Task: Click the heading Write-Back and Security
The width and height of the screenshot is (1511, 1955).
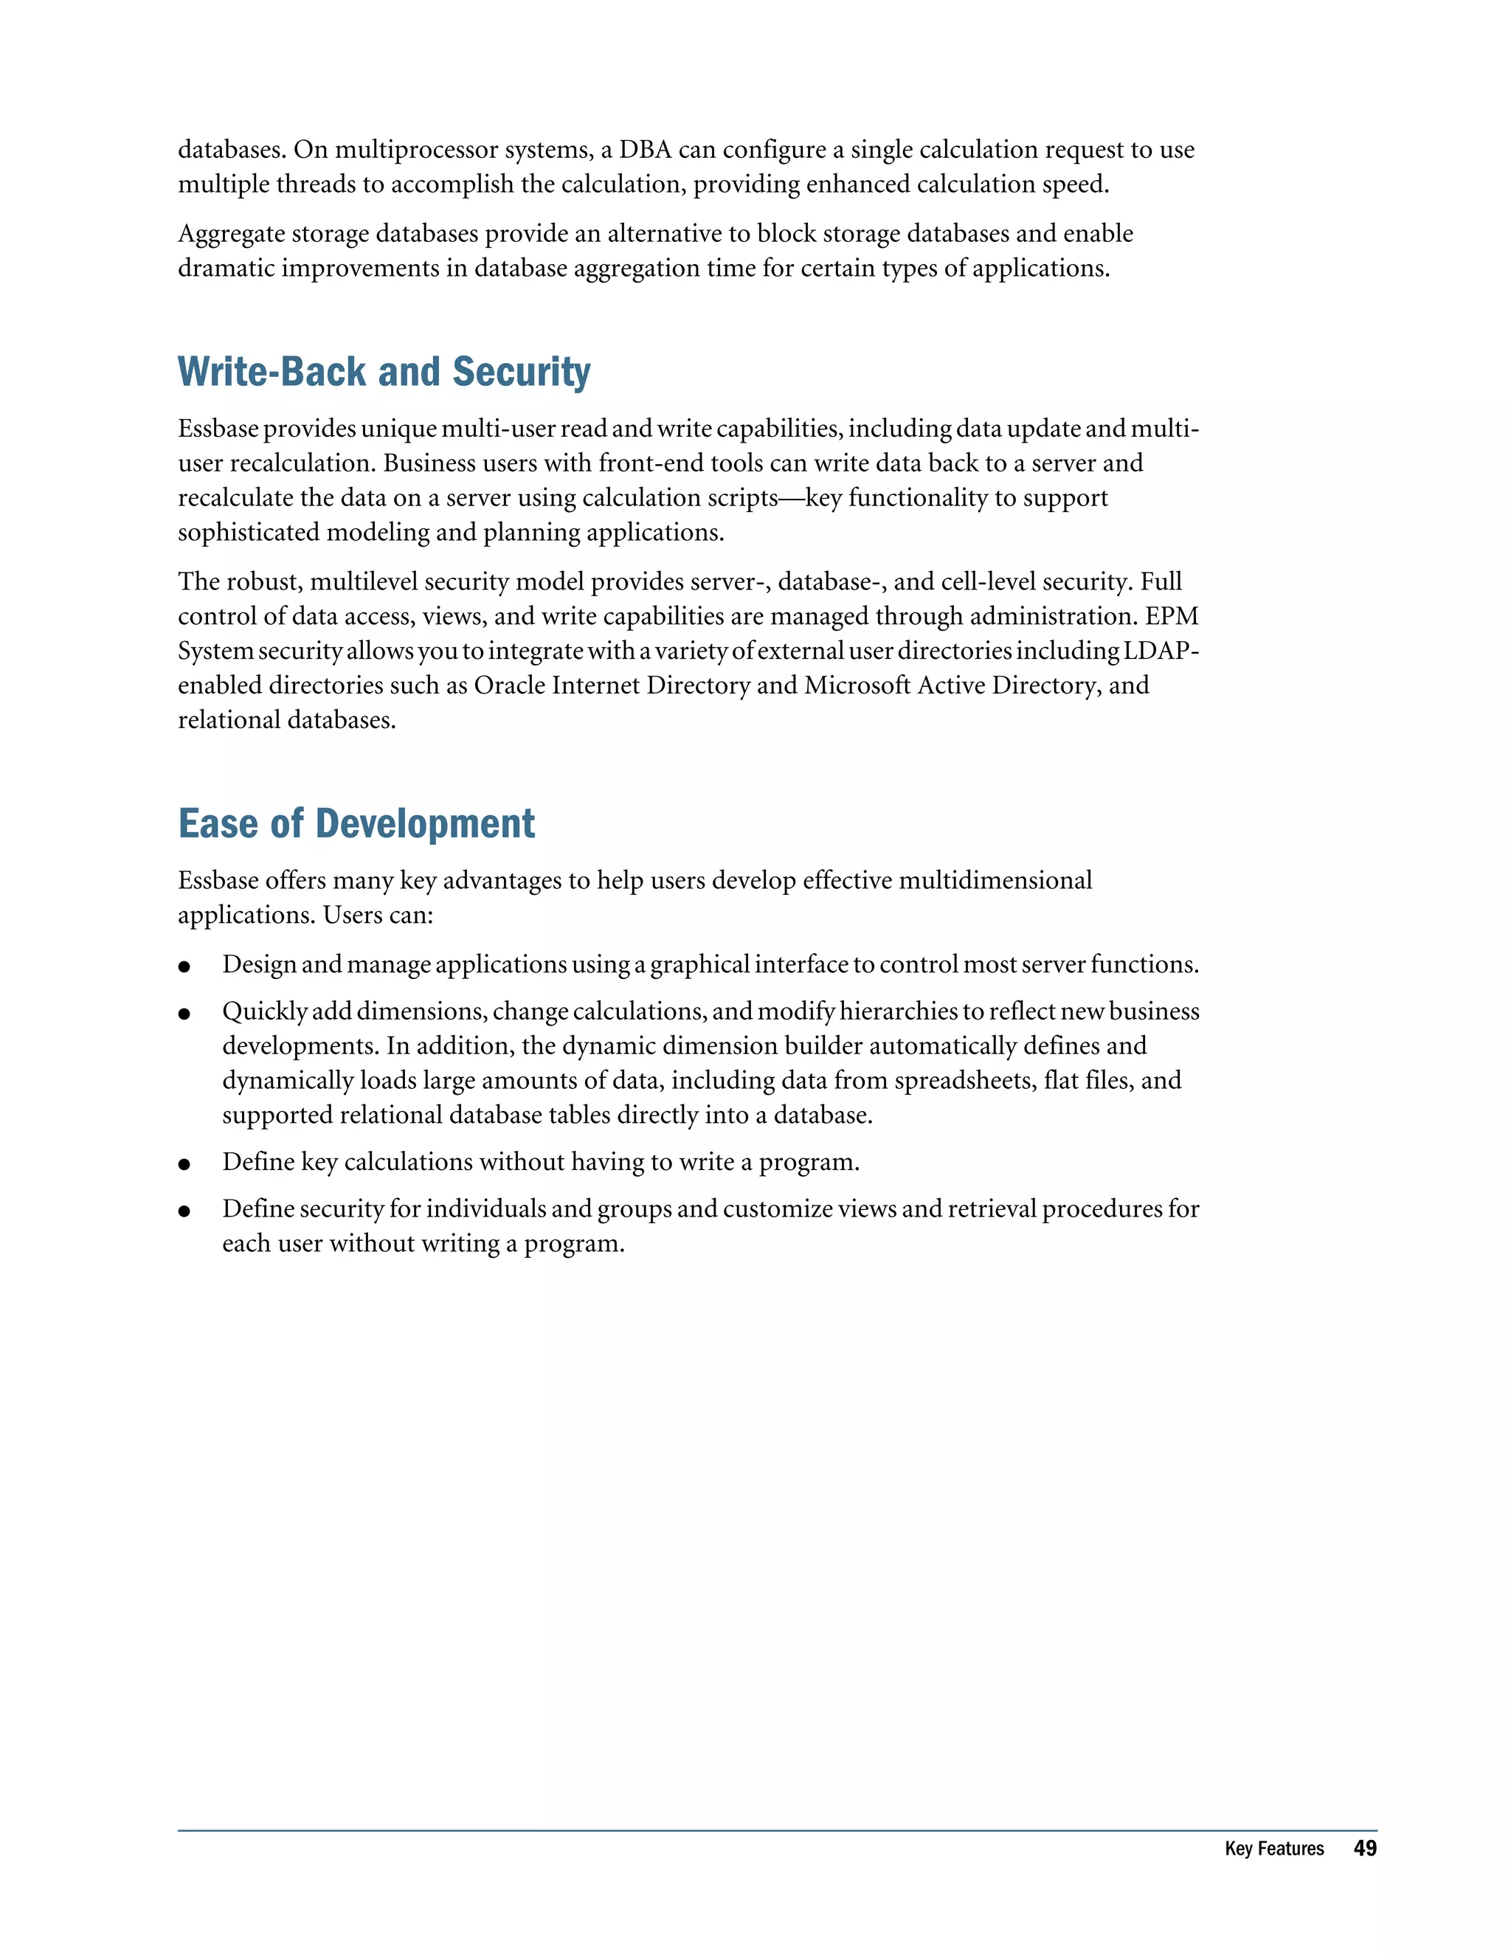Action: pyautogui.click(x=384, y=372)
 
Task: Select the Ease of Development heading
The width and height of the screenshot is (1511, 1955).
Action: pyautogui.click(x=356, y=823)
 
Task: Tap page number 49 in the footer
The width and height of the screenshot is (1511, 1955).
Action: pyautogui.click(x=1365, y=1849)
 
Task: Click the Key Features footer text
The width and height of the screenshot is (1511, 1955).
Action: pyautogui.click(x=1273, y=1850)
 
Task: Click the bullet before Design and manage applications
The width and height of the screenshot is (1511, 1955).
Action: pyautogui.click(x=184, y=966)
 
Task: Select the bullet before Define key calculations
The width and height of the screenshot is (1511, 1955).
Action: pyautogui.click(x=184, y=1165)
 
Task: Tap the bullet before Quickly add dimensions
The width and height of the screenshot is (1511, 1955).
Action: pyautogui.click(x=184, y=1014)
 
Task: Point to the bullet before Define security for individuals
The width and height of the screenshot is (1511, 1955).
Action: pyautogui.click(x=184, y=1211)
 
